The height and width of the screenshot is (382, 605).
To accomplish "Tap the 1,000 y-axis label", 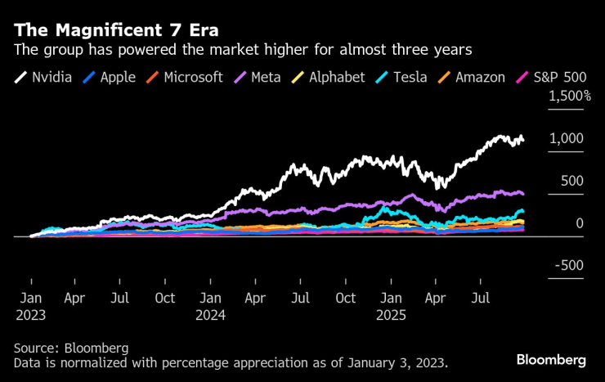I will pos(567,138).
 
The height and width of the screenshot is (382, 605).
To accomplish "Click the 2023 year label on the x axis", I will pos(30,313).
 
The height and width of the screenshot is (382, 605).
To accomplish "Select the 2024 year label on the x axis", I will pos(211,313).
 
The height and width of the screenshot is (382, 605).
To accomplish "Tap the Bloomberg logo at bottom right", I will pos(551,360).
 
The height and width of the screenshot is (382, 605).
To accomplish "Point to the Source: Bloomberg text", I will pos(71,348).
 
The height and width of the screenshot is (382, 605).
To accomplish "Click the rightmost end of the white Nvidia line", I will pos(523,140).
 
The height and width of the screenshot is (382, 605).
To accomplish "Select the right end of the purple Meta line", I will pos(523,194).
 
